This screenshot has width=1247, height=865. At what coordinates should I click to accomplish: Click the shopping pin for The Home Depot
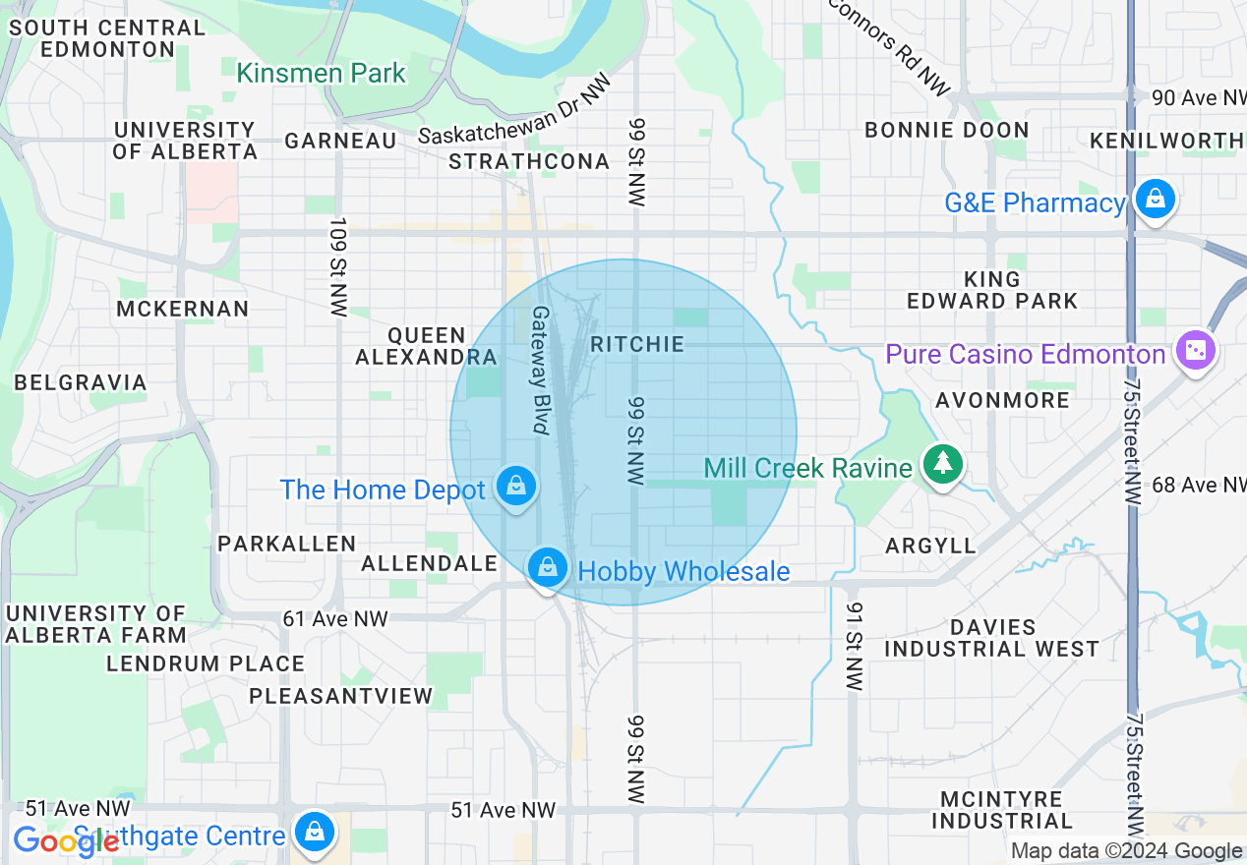[x=514, y=487]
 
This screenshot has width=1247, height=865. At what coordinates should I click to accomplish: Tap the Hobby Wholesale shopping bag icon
[x=547, y=567]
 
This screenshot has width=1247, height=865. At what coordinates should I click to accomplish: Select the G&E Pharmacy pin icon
[x=1155, y=201]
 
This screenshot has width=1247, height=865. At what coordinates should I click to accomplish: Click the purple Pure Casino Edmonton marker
[x=1196, y=351]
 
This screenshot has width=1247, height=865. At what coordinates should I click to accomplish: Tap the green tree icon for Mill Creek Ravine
[x=943, y=464]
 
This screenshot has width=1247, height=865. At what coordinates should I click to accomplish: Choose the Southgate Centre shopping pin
[x=314, y=833]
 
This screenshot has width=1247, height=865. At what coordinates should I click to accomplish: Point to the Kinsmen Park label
[x=321, y=73]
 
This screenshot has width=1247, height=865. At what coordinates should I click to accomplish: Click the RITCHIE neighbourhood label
[x=636, y=344]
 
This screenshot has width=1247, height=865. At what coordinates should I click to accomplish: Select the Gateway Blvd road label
[x=540, y=370]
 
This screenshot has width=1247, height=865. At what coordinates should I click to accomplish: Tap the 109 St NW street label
[x=339, y=266]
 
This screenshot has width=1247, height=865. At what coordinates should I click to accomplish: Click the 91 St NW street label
[x=853, y=646]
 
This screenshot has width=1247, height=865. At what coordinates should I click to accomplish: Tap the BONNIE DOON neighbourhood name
[x=946, y=130]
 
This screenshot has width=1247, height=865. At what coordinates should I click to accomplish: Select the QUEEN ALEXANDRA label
[x=425, y=347]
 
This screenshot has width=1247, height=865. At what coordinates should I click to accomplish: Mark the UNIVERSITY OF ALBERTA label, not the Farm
[x=185, y=141]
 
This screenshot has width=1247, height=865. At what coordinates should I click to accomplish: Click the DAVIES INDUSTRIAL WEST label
[x=991, y=638]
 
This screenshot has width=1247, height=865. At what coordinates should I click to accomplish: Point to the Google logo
[x=64, y=840]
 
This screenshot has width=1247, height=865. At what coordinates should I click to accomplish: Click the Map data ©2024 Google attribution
[x=1126, y=851]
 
